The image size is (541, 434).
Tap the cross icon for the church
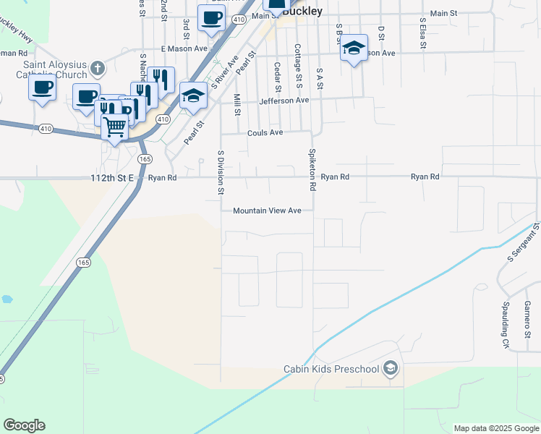point(98,69)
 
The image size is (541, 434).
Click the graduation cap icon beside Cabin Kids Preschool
point(391,369)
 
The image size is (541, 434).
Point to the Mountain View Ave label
point(267,210)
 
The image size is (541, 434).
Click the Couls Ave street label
point(265,133)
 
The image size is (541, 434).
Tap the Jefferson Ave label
point(284,101)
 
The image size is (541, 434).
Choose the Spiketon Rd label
point(312,169)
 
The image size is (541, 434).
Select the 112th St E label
point(112,177)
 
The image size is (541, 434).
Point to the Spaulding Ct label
point(506,325)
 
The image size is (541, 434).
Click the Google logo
point(24,425)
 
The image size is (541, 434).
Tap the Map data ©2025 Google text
point(496,428)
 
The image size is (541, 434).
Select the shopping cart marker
point(115,127)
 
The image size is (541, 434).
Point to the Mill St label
point(237,104)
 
